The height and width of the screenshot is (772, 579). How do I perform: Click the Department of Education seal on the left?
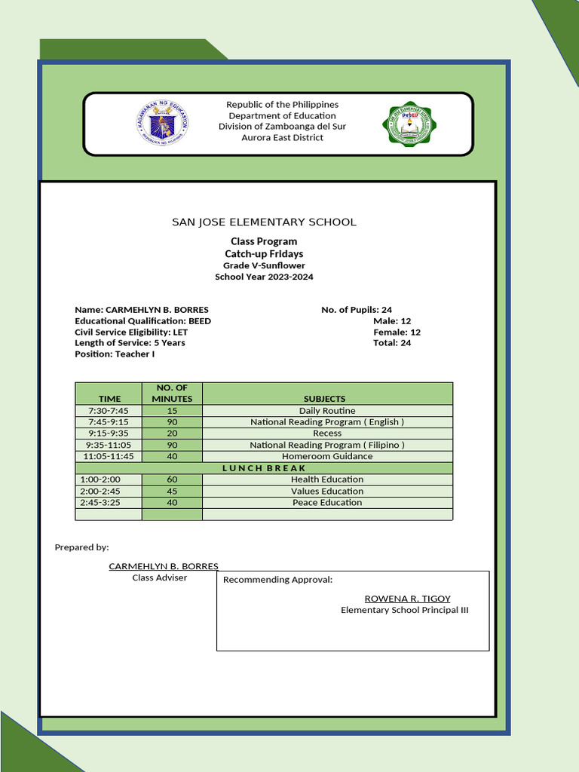pos(162,123)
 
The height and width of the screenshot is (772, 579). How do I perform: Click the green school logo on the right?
pos(409,124)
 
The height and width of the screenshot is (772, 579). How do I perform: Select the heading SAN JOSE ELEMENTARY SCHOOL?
pos(264,222)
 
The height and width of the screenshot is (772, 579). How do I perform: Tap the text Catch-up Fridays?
pos(264,254)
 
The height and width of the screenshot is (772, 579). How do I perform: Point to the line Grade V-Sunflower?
pos(264,265)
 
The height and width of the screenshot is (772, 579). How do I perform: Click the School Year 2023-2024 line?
pos(264,277)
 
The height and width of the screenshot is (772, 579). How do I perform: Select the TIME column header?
pos(109,398)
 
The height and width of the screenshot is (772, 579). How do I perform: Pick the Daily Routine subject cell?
pos(327,411)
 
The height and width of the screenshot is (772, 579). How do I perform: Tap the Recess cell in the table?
pos(327,433)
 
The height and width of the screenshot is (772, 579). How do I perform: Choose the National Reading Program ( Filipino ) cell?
pos(327,445)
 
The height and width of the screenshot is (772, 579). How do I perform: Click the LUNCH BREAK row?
pos(264,468)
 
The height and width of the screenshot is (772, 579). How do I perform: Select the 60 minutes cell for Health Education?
pos(172,479)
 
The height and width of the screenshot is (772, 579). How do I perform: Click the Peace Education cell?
pos(327,502)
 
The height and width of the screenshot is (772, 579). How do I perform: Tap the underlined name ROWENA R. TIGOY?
pos(407,599)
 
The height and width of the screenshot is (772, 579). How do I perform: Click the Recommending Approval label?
pos(277,580)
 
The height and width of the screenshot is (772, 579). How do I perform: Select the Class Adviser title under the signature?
pos(160,577)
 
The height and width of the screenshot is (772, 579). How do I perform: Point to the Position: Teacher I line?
pos(115,354)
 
